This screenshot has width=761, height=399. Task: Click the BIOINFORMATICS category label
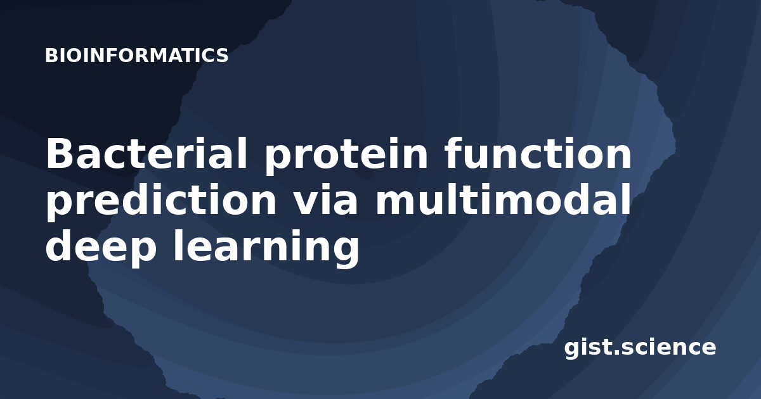136,56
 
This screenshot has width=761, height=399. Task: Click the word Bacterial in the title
146,153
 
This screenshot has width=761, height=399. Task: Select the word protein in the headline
346,156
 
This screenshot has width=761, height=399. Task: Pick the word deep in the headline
101,248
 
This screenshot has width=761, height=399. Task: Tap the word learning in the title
266,248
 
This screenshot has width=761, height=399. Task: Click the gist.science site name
640,348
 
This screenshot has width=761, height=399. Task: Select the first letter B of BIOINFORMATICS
51,56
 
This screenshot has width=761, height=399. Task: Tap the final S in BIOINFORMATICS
222,56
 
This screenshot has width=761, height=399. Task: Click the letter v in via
306,203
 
